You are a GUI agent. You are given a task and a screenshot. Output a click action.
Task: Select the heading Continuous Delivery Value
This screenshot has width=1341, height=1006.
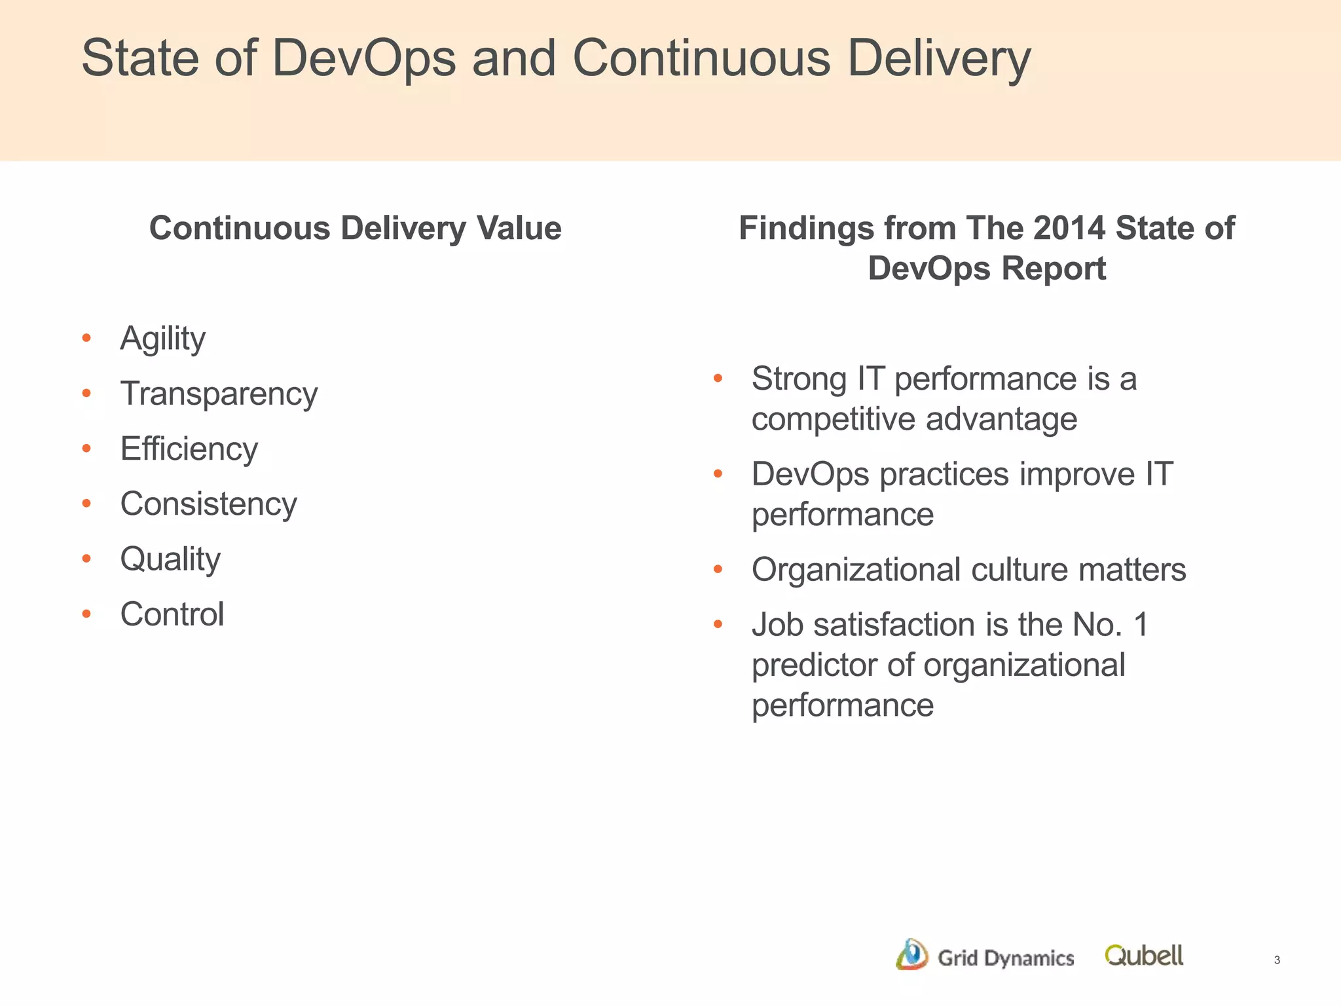pos(355,229)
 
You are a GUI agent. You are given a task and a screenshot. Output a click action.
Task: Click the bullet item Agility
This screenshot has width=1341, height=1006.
pos(162,339)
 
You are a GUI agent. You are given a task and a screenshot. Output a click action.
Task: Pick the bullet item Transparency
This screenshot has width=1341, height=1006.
pos(219,394)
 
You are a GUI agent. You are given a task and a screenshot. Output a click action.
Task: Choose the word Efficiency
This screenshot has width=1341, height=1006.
pos(189,449)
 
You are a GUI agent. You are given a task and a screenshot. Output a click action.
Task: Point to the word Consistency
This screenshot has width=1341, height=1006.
pos(208,504)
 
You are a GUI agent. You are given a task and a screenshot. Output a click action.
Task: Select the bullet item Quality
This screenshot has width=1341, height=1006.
pos(170,559)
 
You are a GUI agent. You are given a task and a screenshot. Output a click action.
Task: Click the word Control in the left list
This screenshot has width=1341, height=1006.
pos(172,614)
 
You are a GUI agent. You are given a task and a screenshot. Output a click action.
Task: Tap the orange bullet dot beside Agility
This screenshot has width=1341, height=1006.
pos(86,339)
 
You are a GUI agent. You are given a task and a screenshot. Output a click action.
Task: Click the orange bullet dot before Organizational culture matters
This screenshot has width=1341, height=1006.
pos(718,570)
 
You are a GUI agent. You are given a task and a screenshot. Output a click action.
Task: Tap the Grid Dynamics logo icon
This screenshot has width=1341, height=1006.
pos(911,955)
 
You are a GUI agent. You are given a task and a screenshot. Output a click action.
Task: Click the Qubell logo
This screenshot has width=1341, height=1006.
pos(1144,956)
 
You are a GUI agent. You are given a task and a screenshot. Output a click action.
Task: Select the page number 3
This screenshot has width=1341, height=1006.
pos(1277,960)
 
